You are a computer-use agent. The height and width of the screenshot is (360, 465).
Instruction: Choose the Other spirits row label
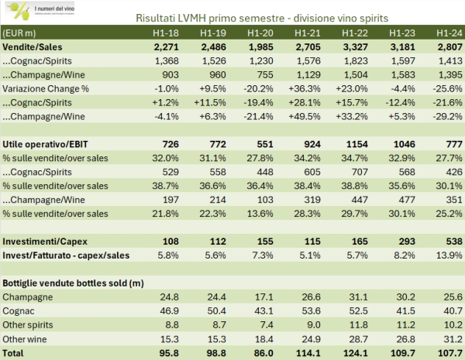pos(27,324)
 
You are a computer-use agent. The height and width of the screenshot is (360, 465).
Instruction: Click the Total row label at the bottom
pos(16,352)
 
